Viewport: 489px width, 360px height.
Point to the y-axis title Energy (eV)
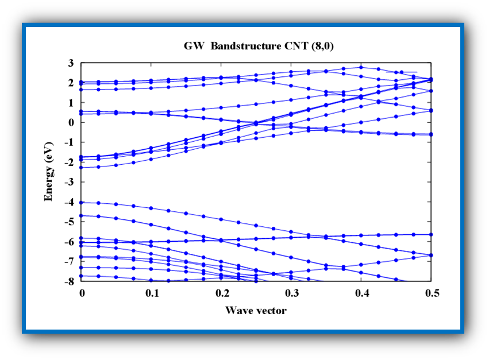49,171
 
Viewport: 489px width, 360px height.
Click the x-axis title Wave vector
256,311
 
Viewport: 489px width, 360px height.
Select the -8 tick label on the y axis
70,281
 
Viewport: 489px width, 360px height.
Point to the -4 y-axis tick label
70,202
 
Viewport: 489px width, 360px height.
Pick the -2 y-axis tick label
70,162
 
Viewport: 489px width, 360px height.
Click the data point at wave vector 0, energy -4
82,202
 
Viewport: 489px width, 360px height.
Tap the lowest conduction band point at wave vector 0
82,167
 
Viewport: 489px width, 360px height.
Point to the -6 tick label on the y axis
70,242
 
